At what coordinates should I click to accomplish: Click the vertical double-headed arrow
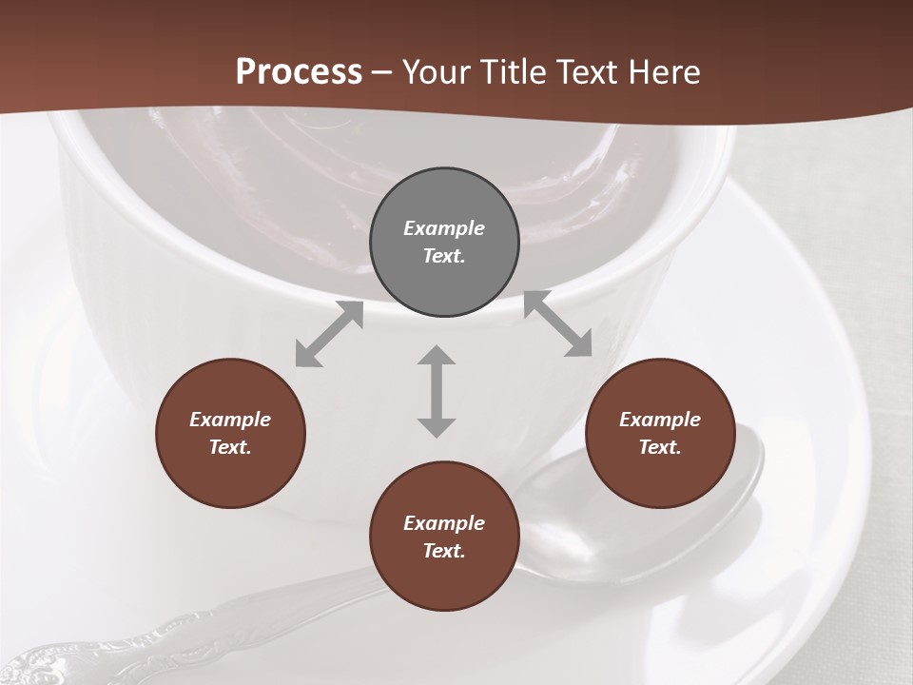[x=437, y=391]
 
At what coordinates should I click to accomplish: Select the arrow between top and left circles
[x=329, y=334]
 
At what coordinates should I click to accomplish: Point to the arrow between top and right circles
[x=558, y=324]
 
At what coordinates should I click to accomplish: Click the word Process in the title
[x=299, y=71]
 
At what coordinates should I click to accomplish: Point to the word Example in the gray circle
[x=444, y=228]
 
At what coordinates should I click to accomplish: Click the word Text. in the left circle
[x=230, y=447]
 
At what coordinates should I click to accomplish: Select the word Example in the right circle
[x=660, y=420]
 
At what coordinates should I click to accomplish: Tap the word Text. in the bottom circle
[x=444, y=551]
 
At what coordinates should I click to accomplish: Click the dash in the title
[x=382, y=71]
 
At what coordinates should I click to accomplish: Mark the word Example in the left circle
[x=230, y=420]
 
